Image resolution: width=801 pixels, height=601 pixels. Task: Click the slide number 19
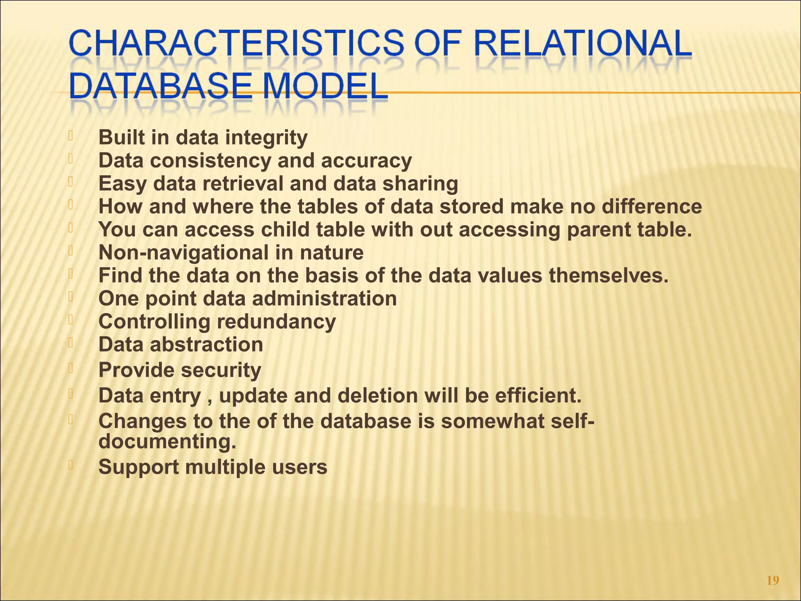773,580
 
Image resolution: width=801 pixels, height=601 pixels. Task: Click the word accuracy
366,161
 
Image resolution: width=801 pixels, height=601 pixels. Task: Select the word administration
324,299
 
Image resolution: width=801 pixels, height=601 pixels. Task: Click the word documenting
167,442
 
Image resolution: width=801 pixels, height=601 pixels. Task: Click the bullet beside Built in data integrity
70,136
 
